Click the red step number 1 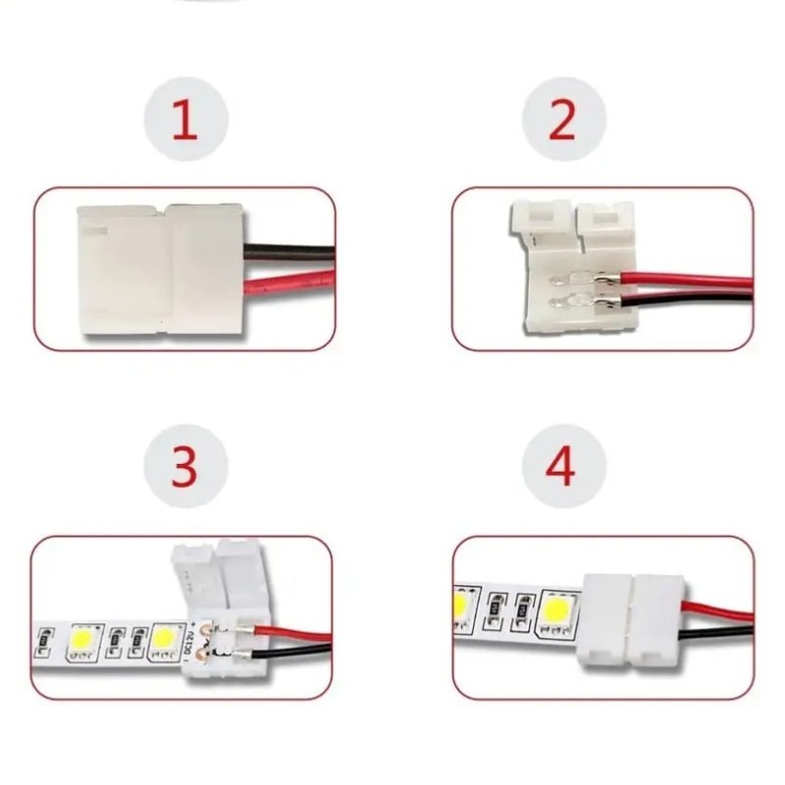[x=185, y=119]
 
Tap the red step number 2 [x=562, y=119]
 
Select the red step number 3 [x=184, y=467]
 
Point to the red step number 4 [x=560, y=467]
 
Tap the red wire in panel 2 [x=686, y=281]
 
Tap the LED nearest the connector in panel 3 [x=164, y=640]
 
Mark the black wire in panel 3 [x=291, y=651]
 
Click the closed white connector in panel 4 [x=632, y=621]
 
